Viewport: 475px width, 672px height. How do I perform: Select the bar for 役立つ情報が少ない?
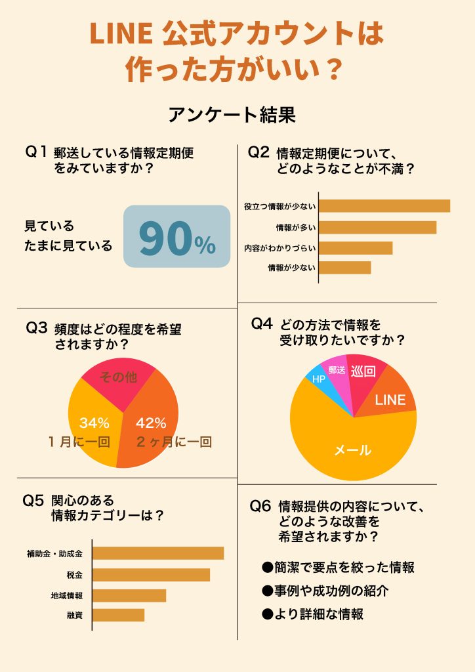tap(384, 206)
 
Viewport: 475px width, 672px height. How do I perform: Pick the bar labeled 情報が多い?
tap(377, 227)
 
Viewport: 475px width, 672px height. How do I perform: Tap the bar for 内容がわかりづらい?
tap(356, 248)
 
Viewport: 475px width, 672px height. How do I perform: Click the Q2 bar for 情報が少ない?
tap(344, 268)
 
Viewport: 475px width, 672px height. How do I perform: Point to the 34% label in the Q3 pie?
tap(94, 423)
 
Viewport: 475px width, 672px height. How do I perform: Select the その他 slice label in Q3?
tap(117, 377)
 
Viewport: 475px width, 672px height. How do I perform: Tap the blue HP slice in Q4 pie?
tap(318, 379)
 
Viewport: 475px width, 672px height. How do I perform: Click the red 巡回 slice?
tap(363, 371)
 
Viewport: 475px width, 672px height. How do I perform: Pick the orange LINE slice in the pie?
tap(390, 399)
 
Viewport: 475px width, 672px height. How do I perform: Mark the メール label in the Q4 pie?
tap(353, 450)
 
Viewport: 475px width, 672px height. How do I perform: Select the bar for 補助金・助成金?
tap(158, 553)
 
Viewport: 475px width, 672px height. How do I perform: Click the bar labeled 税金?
tap(151, 575)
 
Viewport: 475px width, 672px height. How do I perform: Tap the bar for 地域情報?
tap(129, 595)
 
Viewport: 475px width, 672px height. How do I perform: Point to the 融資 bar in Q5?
tap(118, 615)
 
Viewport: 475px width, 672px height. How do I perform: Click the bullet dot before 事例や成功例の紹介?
tap(267, 591)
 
